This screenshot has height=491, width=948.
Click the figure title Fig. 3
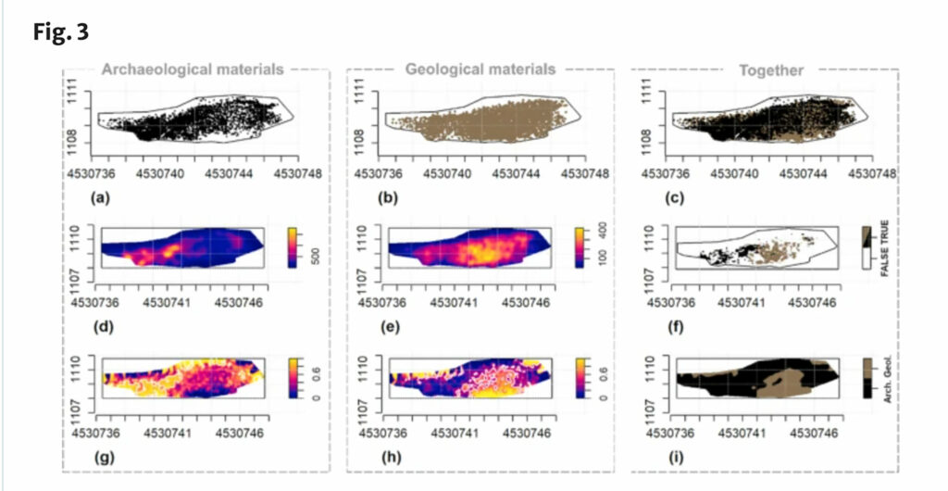(63, 30)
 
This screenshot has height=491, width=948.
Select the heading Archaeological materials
(193, 69)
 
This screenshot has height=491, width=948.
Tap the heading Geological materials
(480, 69)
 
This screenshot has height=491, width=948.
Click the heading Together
(771, 69)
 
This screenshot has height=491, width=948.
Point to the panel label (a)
(100, 197)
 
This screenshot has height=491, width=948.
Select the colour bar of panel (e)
(580, 246)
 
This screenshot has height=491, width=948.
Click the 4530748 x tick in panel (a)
(303, 172)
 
